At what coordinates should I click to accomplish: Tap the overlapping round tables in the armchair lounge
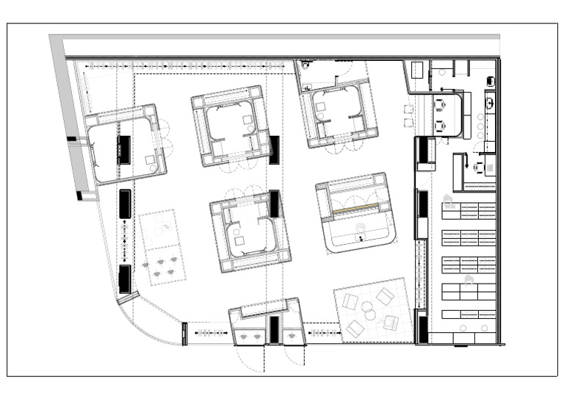coord(369,314)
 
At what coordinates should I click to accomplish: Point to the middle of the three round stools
coord(481,126)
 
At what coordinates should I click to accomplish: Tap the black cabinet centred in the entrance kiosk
coord(274,330)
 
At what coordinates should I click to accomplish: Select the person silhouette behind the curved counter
coord(361,229)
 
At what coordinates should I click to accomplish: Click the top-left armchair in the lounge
coord(350,302)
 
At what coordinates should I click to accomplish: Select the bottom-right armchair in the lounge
coord(391,323)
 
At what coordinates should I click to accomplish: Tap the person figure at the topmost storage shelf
coord(447,198)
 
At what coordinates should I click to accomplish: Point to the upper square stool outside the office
coord(409,110)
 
